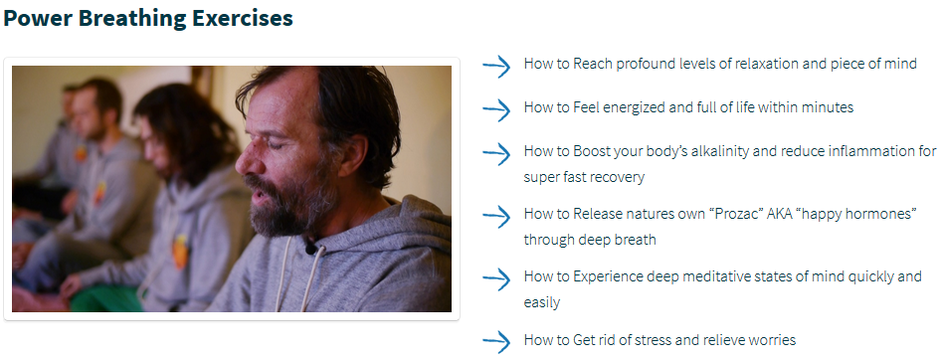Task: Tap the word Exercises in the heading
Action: [x=243, y=17]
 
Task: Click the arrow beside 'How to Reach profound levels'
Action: [x=497, y=66]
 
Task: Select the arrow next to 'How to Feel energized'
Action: [x=497, y=109]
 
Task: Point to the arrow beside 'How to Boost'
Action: [x=497, y=154]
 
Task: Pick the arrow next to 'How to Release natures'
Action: [x=497, y=217]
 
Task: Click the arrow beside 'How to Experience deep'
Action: [x=497, y=279]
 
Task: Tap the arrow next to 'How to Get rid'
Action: [x=497, y=342]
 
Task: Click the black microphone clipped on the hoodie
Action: [x=311, y=246]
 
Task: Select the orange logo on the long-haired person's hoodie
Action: [x=179, y=252]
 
